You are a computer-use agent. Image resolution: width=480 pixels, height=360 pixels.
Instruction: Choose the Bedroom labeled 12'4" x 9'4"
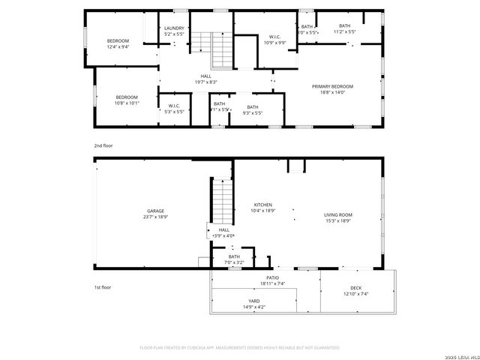pyautogui.click(x=118, y=43)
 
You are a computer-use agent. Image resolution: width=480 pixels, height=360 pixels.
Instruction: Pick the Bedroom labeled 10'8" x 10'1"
pyautogui.click(x=127, y=100)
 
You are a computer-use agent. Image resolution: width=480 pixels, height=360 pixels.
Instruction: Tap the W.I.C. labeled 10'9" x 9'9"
pyautogui.click(x=275, y=40)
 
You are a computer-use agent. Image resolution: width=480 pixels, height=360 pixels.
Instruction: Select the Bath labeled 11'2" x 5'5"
pyautogui.click(x=344, y=28)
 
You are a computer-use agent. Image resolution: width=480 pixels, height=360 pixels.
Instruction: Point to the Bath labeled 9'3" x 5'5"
pyautogui.click(x=253, y=109)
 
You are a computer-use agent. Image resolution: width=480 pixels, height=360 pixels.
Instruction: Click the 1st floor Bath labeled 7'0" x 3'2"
pyautogui.click(x=235, y=259)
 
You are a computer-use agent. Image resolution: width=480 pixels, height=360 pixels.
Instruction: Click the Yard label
pyautogui.click(x=253, y=304)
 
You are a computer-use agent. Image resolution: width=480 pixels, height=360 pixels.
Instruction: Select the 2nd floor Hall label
pyautogui.click(x=205, y=79)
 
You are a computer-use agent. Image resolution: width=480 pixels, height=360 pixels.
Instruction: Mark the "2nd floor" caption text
pyautogui.click(x=102, y=145)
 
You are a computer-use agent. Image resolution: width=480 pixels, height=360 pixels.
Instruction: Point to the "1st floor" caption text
pyautogui.click(x=102, y=287)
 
